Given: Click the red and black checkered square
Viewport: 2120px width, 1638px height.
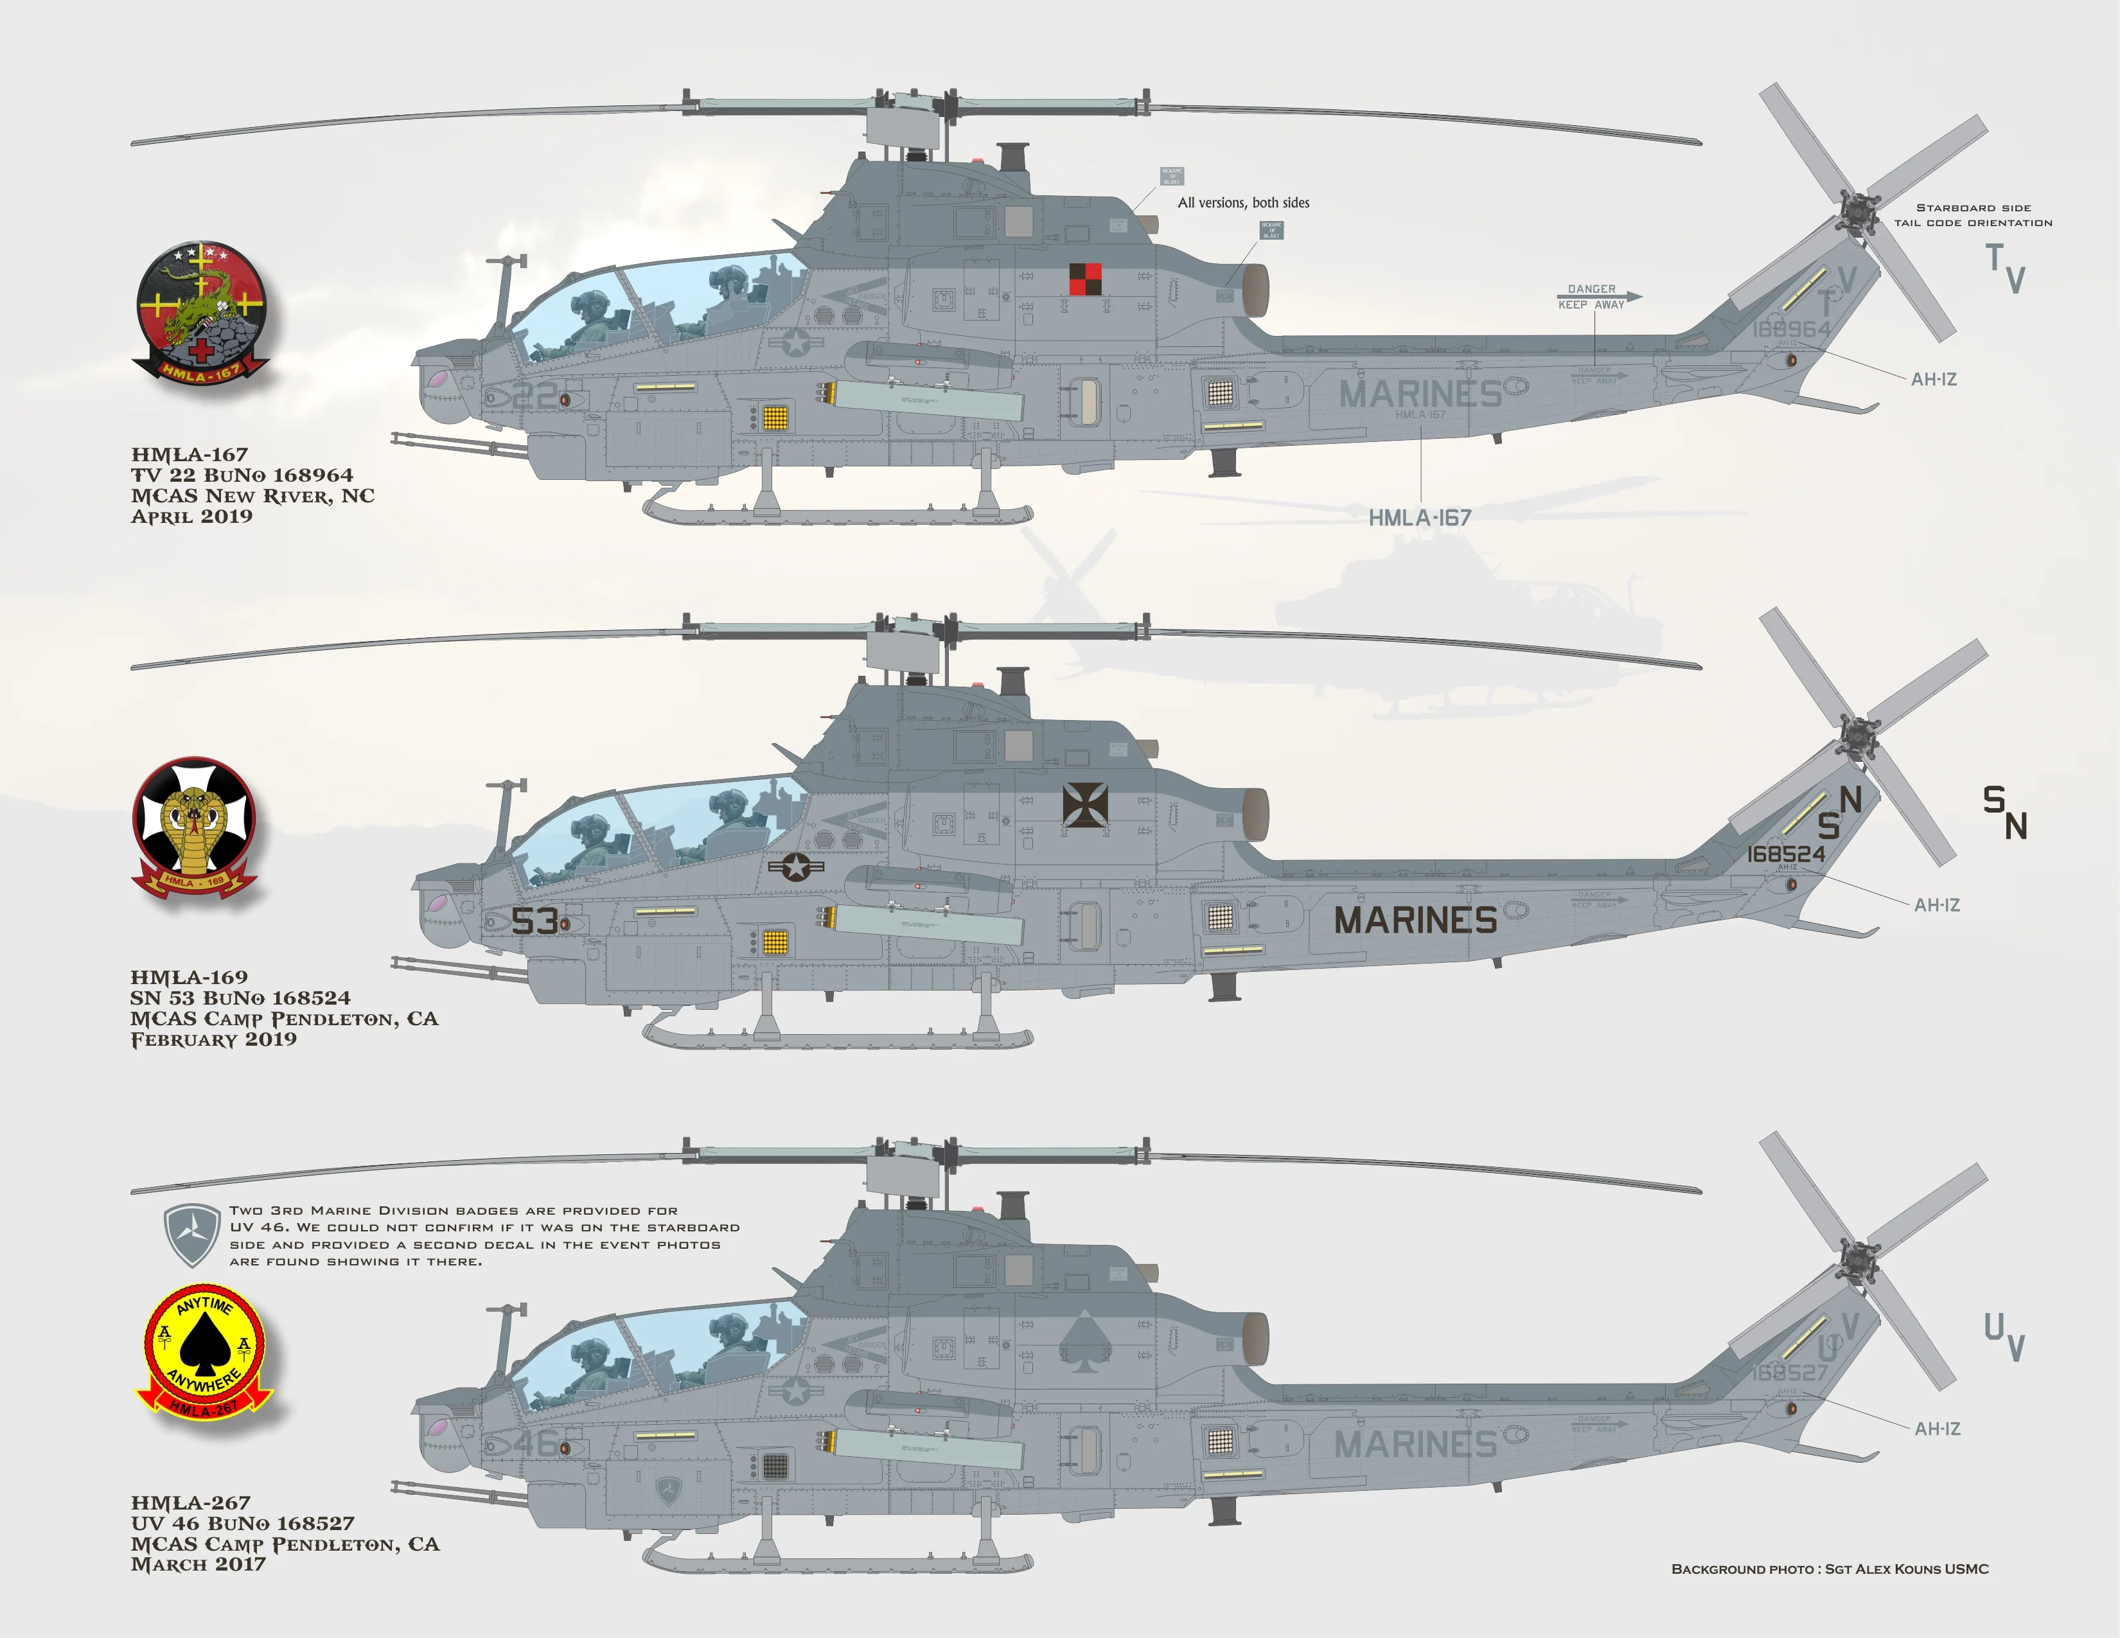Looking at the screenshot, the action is pos(1084,279).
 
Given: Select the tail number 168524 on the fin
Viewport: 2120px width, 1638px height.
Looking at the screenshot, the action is pos(1786,854).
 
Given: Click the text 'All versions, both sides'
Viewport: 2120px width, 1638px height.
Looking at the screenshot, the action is pos(1244,203).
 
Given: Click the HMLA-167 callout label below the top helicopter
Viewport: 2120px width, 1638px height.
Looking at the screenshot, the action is pos(1419,518).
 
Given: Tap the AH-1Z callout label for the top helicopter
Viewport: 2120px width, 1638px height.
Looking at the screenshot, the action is pos(1934,380).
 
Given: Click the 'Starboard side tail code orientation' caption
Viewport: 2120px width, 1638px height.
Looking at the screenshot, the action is pos(1974,215).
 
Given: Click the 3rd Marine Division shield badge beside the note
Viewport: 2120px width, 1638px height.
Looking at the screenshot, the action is pos(192,1235).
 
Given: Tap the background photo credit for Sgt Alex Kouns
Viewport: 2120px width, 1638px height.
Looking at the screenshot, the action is pos(1830,1569).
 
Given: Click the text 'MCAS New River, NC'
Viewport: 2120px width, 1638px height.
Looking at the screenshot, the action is pos(252,496).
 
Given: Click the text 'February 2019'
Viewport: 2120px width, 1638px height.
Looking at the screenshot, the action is pos(213,1039).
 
